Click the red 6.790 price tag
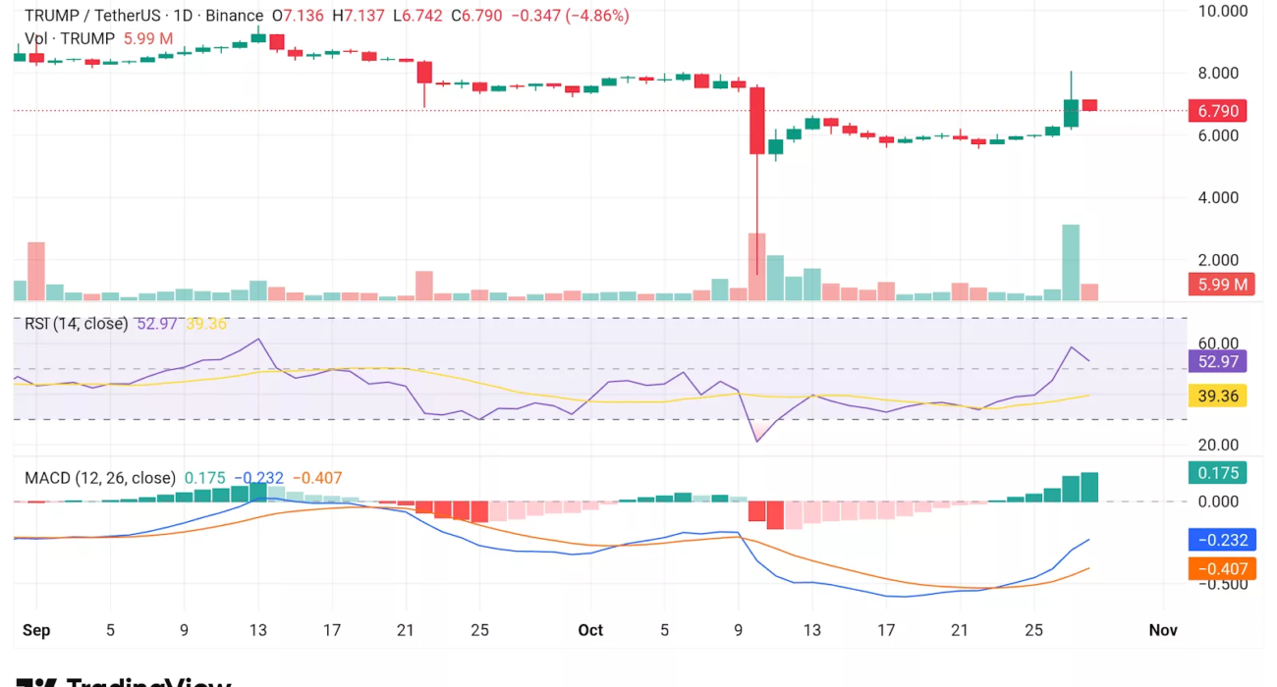(1217, 111)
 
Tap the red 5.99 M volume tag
(1217, 286)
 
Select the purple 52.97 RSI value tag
(1217, 361)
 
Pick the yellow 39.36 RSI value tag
(1217, 396)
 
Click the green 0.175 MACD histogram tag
(1217, 473)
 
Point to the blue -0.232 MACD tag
(1217, 539)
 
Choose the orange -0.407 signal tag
(1217, 568)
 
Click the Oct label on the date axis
(590, 630)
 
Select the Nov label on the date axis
(1163, 630)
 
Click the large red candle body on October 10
(757, 121)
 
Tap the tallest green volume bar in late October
(1071, 262)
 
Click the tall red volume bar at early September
(36, 270)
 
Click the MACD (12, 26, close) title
(99, 478)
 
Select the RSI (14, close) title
(77, 323)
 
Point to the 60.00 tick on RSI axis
(1219, 343)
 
